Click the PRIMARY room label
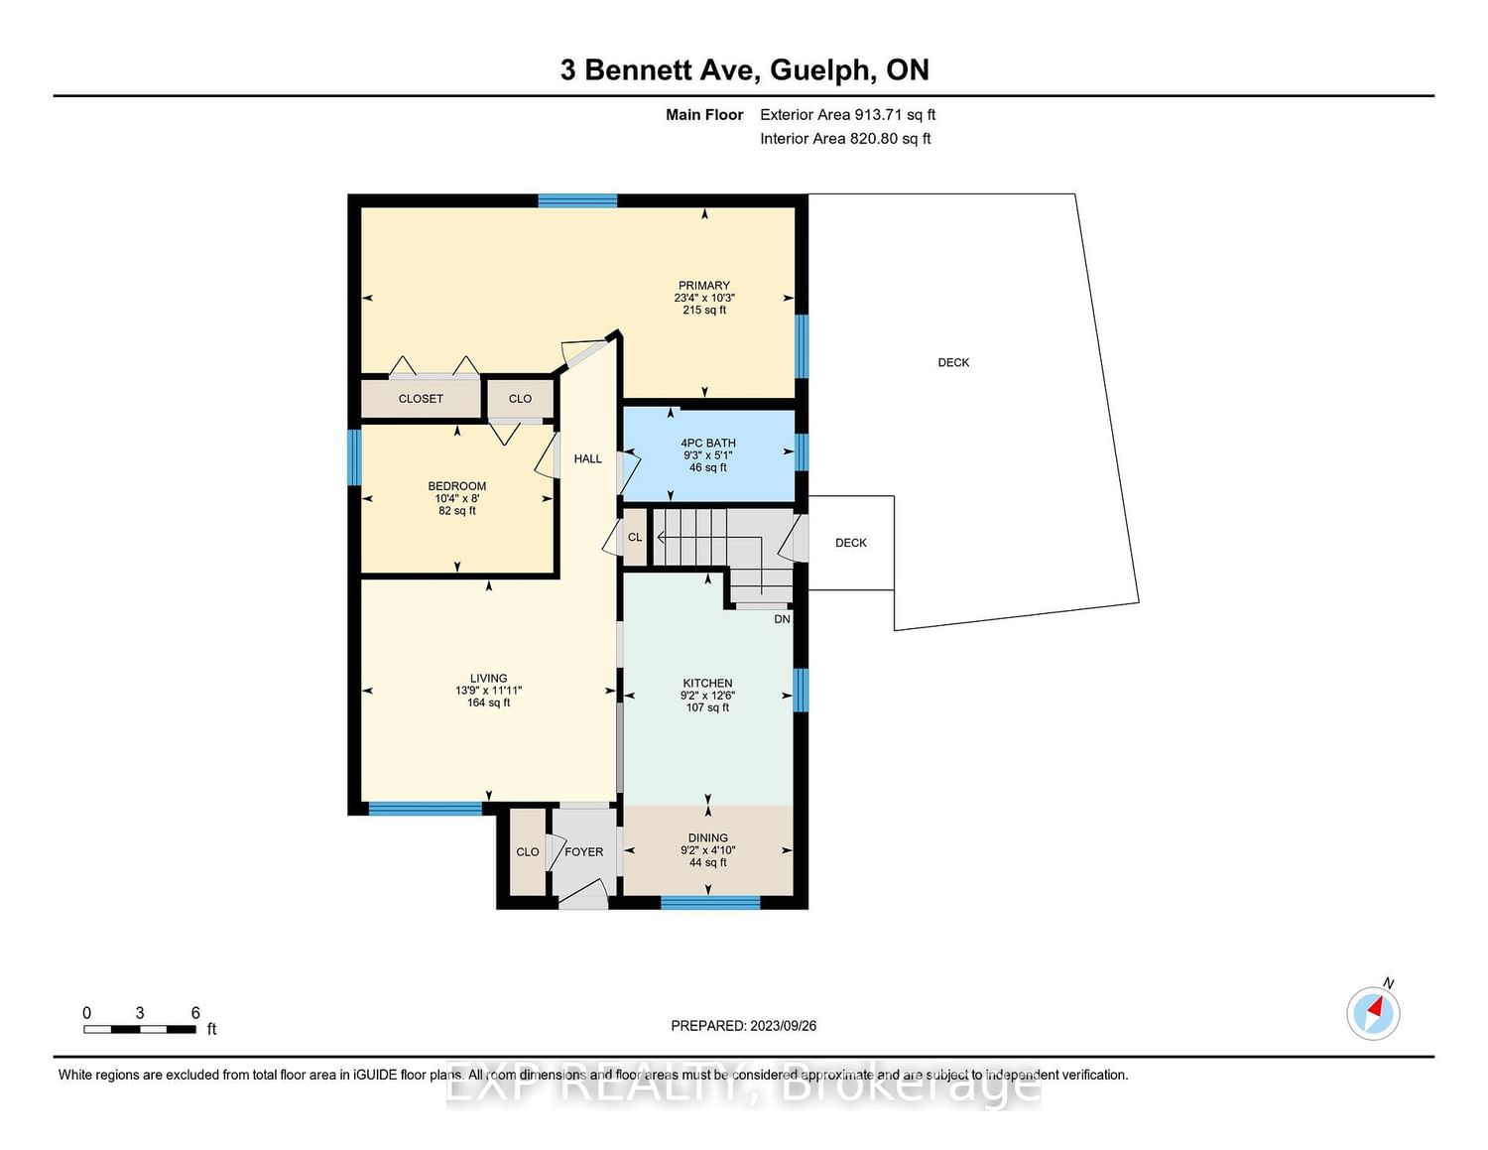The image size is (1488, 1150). [704, 286]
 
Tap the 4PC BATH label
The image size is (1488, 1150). [707, 444]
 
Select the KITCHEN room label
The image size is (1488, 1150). [707, 683]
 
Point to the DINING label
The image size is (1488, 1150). [708, 837]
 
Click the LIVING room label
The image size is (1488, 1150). [488, 678]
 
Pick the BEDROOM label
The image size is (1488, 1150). [456, 486]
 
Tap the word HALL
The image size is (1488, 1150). [587, 458]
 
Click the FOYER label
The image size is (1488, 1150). [583, 852]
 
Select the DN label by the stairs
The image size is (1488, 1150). [782, 619]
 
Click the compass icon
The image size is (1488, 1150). [1373, 1013]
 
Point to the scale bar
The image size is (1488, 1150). [140, 1030]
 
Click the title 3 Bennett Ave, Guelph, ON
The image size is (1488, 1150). [744, 69]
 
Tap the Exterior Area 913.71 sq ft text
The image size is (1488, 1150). [848, 114]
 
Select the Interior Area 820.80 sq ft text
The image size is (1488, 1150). [845, 138]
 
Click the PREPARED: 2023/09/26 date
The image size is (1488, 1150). [744, 1025]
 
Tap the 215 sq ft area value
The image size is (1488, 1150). [704, 311]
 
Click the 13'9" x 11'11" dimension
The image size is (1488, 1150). [488, 691]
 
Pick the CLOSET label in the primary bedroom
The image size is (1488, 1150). [421, 399]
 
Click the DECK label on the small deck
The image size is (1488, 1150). [850, 543]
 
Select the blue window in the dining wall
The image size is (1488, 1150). [710, 903]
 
